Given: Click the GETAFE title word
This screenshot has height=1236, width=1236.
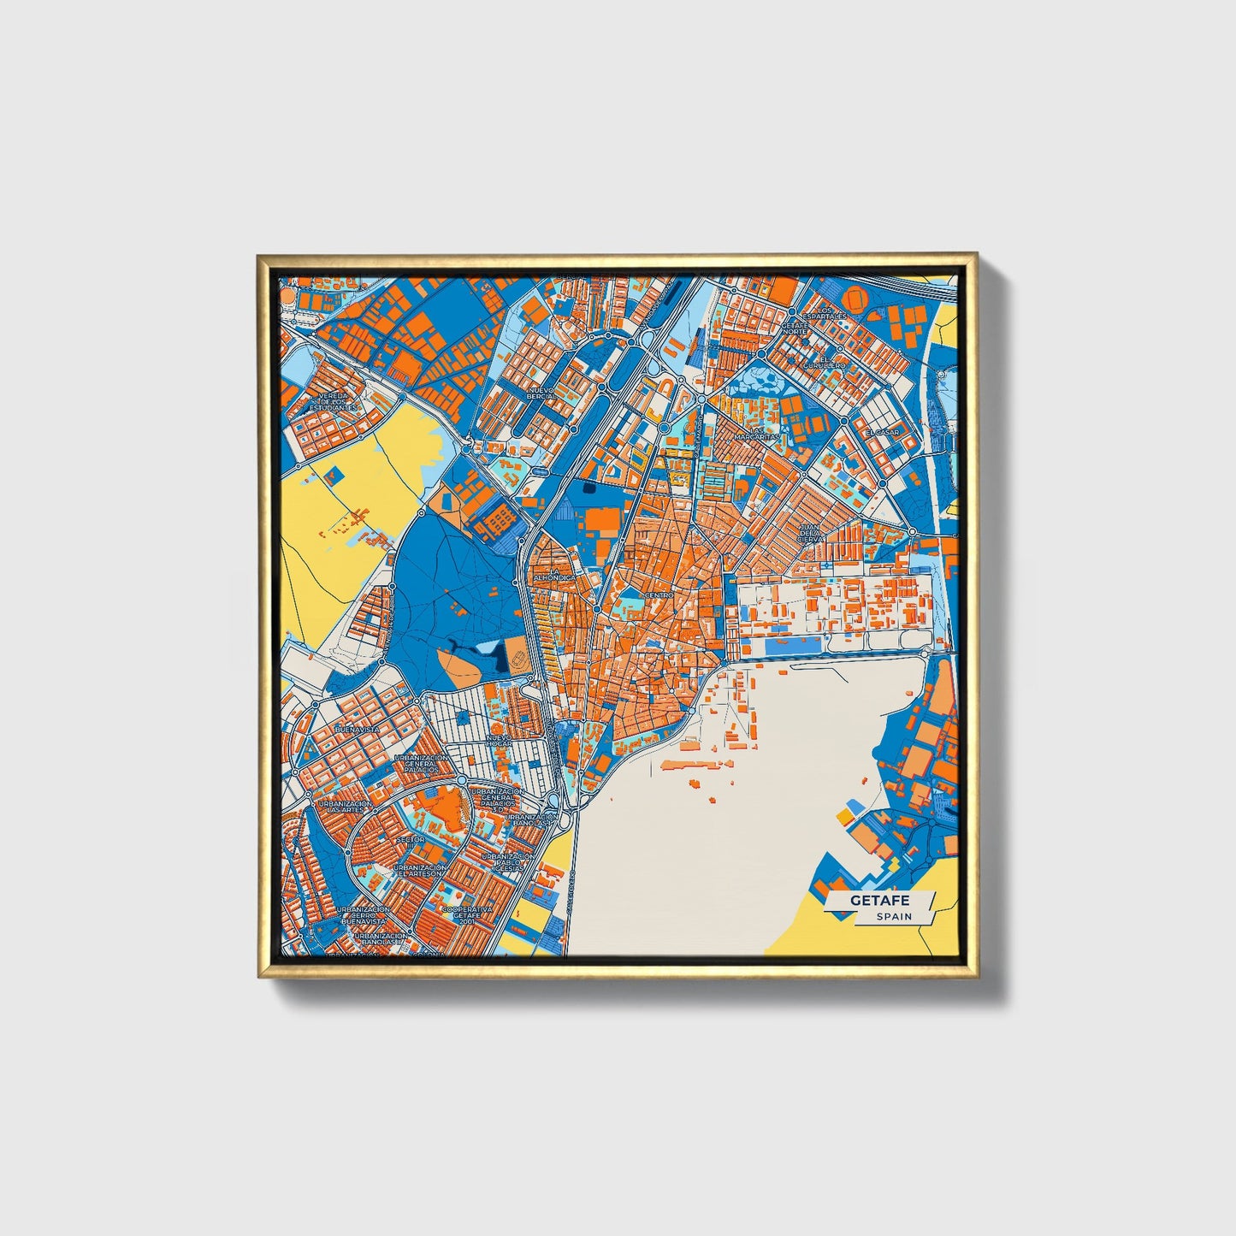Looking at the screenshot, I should tap(879, 901).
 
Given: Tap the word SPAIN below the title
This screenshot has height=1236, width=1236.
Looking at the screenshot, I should tap(894, 916).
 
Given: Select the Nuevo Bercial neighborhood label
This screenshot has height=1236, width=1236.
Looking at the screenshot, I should tap(541, 393).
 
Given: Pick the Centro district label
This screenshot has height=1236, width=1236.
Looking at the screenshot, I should tap(659, 594).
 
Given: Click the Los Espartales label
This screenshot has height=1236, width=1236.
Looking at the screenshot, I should tap(825, 313).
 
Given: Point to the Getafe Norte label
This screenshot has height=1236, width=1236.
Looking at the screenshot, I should tap(795, 328).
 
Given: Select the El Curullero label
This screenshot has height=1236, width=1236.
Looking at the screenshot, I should tap(823, 362).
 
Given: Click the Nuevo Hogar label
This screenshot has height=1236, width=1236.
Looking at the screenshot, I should tap(499, 740).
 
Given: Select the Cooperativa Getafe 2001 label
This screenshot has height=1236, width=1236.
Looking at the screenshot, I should tap(467, 914).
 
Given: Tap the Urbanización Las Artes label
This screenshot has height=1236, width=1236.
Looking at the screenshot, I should tap(345, 807).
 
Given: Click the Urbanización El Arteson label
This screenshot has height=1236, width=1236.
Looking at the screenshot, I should tap(422, 871).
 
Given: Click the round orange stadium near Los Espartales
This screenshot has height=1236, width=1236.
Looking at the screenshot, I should tap(855, 298).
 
